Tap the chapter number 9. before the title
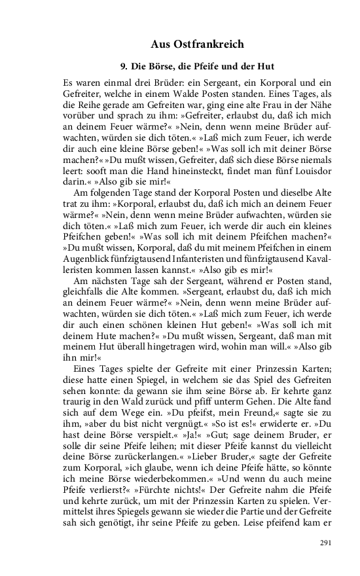pyautogui.click(x=124, y=67)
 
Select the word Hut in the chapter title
pyautogui.click(x=264, y=67)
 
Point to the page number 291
pyautogui.click(x=326, y=543)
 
